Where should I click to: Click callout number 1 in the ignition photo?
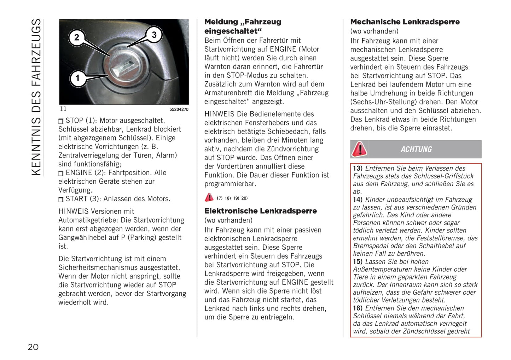(x=77, y=78)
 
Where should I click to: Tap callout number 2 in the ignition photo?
(x=77, y=37)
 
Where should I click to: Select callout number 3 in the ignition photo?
(x=154, y=35)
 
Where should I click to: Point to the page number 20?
(x=33, y=347)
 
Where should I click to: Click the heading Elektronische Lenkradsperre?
(x=261, y=211)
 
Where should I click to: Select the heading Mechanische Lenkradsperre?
(x=405, y=22)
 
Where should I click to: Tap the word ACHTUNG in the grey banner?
(x=416, y=149)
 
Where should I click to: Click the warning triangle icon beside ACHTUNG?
(x=359, y=149)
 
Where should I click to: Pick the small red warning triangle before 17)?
(x=209, y=197)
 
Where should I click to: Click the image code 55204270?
(x=179, y=110)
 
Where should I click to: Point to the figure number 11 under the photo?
(x=63, y=109)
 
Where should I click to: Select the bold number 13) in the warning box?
(x=358, y=169)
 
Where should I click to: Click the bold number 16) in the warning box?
(x=358, y=308)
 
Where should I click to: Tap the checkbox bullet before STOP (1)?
(x=61, y=121)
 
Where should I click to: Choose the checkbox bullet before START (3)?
(x=61, y=200)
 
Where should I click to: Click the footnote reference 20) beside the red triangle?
(x=244, y=198)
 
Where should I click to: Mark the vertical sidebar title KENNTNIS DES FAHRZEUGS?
(x=36, y=97)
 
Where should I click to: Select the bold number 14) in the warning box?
(x=358, y=200)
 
